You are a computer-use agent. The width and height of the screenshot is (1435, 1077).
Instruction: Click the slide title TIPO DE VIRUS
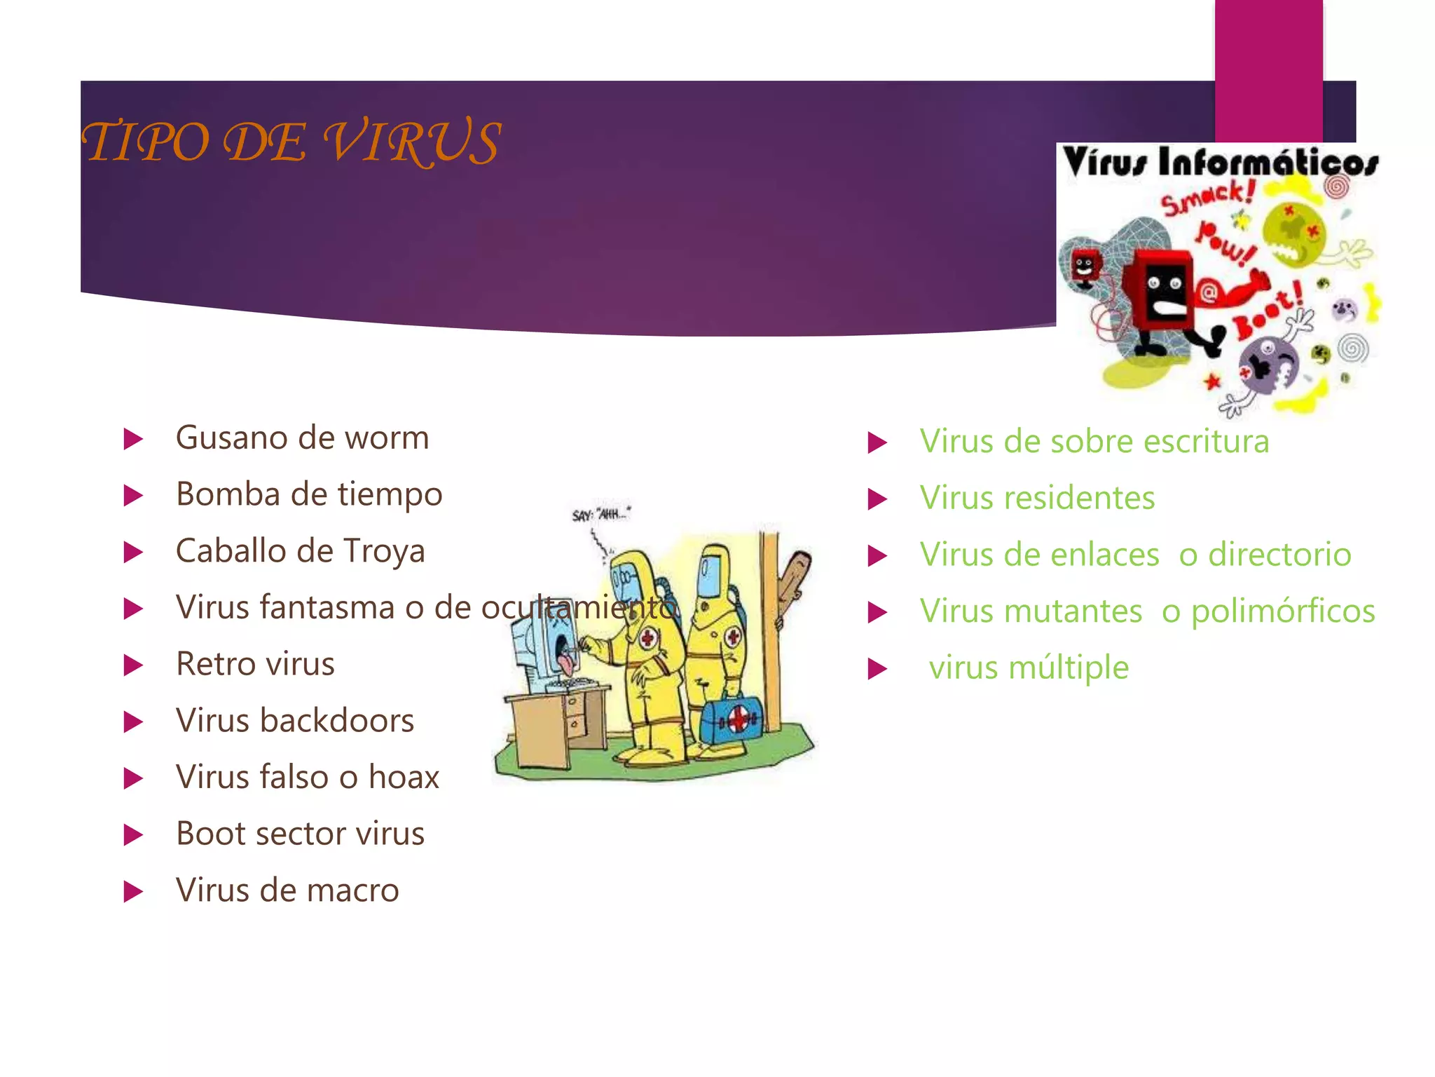(291, 142)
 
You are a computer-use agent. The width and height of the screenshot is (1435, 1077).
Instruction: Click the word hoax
(404, 777)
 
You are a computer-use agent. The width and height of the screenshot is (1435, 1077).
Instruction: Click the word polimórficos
(1283, 611)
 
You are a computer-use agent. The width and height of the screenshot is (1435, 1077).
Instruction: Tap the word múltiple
(1069, 668)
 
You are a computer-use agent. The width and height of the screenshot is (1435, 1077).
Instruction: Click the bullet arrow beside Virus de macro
(132, 892)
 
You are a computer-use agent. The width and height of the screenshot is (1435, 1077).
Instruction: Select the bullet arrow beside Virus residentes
(877, 500)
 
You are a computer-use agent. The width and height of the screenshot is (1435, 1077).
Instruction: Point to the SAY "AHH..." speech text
(601, 515)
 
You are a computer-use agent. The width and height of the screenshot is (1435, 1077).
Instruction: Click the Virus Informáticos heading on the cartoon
(1220, 163)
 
